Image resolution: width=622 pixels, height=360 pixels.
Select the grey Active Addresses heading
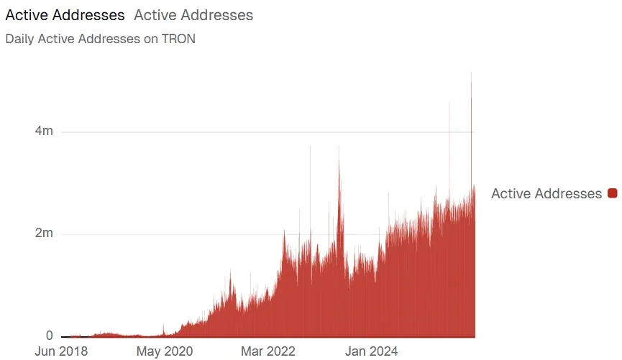coord(193,15)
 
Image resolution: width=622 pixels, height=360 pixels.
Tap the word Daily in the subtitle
coord(19,39)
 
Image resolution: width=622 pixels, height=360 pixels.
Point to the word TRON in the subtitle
coord(178,39)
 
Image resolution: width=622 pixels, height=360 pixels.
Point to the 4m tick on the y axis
coord(45,131)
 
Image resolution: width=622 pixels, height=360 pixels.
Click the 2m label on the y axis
coord(45,234)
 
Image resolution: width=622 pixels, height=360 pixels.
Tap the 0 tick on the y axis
coord(49,336)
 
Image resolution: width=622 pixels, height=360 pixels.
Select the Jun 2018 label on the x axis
coord(62,351)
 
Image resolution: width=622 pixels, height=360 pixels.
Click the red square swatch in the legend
coord(613,193)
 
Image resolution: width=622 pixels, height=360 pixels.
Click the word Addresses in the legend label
coord(567,193)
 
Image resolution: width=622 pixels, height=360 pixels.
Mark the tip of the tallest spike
coord(471,73)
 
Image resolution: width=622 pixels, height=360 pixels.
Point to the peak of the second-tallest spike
coord(449,103)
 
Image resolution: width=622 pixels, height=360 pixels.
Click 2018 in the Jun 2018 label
coord(73,351)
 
